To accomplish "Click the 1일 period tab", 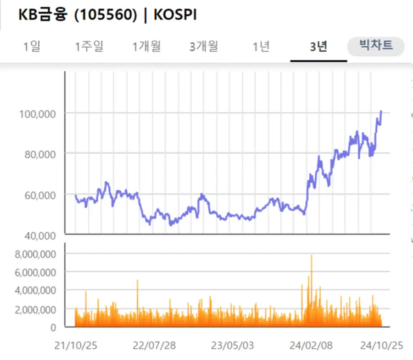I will [32, 46].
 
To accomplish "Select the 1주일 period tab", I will [89, 46].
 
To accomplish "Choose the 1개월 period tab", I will [147, 46].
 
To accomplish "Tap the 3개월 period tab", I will [203, 46].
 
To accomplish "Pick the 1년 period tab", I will [261, 46].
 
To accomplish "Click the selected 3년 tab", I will [318, 46].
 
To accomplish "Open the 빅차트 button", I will [376, 46].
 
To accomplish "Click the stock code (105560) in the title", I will [106, 15].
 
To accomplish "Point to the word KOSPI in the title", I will [175, 15].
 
